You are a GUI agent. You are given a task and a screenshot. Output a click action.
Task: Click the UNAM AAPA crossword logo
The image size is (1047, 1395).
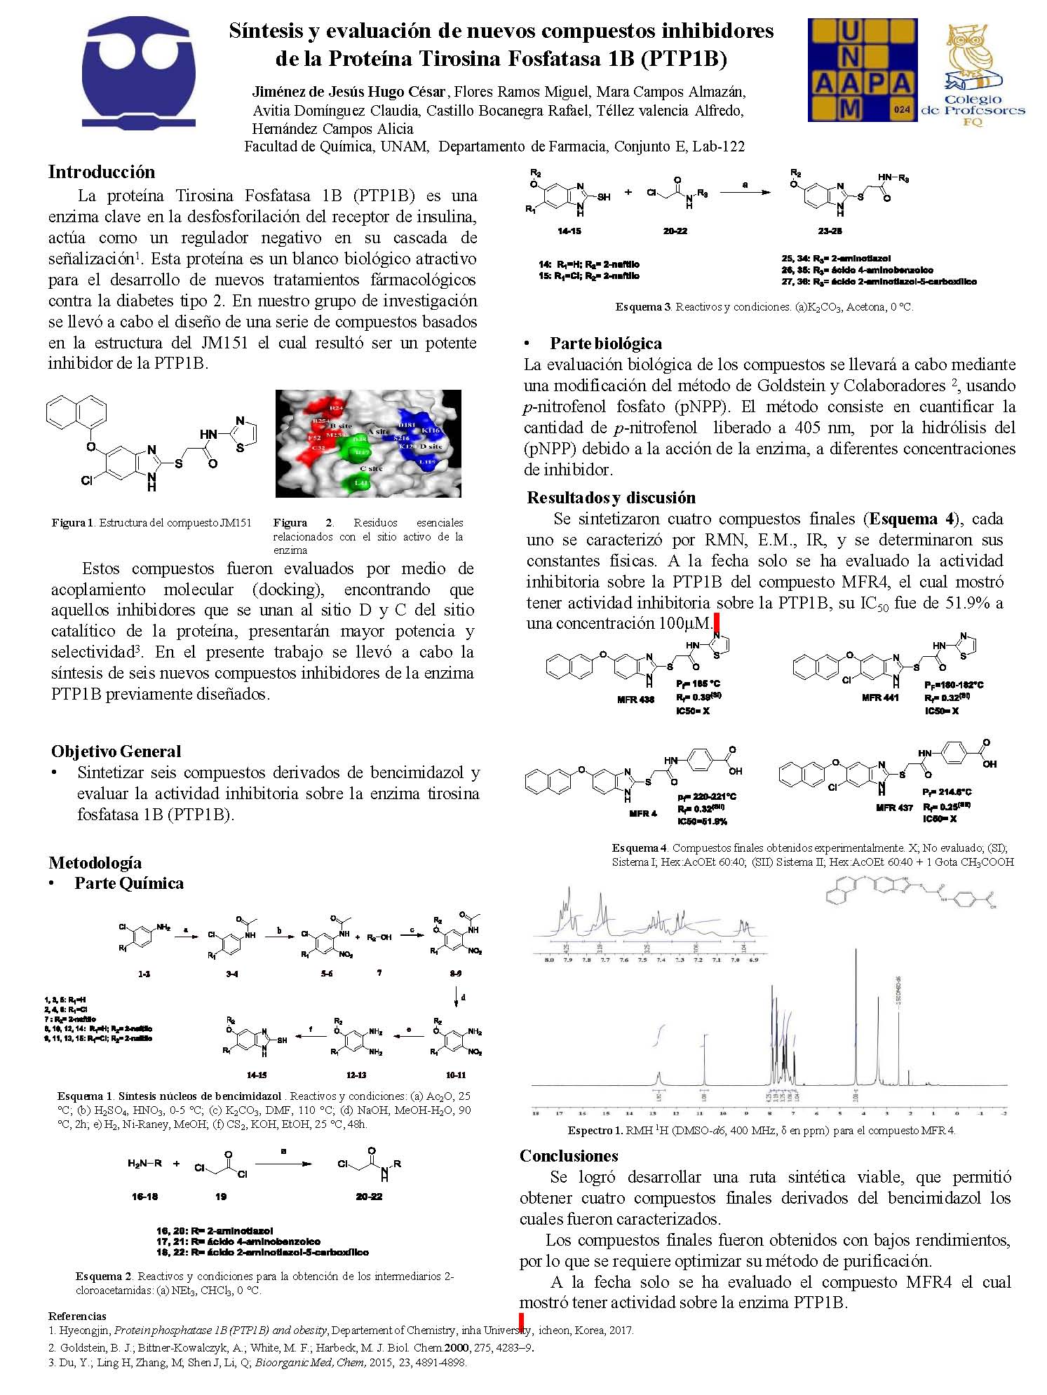(x=862, y=70)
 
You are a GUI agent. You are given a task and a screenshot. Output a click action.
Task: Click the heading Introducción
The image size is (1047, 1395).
(x=102, y=172)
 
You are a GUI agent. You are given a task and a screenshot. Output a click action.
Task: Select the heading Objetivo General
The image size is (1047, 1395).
(x=116, y=751)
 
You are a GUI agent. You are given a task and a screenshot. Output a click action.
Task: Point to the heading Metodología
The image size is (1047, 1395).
(x=95, y=863)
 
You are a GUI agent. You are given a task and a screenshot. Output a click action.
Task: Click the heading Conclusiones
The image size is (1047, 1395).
(x=569, y=1156)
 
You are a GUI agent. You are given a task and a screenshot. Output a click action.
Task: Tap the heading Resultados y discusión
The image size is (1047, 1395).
(x=611, y=498)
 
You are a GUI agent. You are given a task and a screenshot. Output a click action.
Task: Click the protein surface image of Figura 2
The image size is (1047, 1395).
(x=368, y=444)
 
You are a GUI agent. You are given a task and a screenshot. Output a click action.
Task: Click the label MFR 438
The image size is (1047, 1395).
(x=635, y=700)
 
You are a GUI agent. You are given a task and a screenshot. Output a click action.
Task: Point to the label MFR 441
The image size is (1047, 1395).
(x=880, y=697)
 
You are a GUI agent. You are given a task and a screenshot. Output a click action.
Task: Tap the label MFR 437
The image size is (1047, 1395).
(x=894, y=808)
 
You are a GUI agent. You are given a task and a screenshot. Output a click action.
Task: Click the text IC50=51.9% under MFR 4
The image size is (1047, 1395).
(x=701, y=821)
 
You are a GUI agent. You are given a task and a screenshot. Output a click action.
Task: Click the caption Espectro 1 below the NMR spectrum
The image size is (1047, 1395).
(x=761, y=1130)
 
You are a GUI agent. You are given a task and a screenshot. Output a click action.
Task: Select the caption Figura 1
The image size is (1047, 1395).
(x=151, y=523)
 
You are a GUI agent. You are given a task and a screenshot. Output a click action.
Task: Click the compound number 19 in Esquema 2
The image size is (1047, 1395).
(x=221, y=1197)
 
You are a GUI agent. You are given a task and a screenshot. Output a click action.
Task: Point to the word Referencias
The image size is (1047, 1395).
(x=77, y=1316)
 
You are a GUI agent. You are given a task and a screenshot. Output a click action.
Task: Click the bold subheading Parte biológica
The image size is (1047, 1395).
(x=605, y=343)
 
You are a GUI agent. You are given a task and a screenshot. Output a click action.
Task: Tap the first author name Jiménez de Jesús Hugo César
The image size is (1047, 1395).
(x=349, y=92)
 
